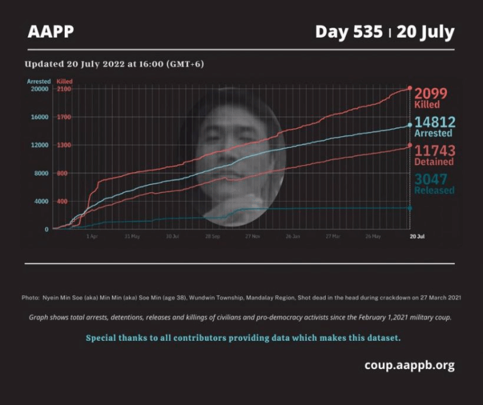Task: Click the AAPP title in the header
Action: pyautogui.click(x=51, y=31)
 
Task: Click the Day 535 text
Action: pyautogui.click(x=348, y=31)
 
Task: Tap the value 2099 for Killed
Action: pyautogui.click(x=431, y=94)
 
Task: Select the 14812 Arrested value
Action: pyautogui.click(x=435, y=122)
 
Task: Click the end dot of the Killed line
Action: pyautogui.click(x=410, y=88)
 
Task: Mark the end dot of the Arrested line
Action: pyautogui.click(x=410, y=125)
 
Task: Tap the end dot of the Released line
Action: pyautogui.click(x=410, y=208)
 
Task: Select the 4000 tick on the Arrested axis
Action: pyautogui.click(x=40, y=202)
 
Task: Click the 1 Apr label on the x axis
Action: pyautogui.click(x=92, y=237)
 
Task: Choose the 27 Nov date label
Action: pyautogui.click(x=252, y=237)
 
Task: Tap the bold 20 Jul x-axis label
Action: pyautogui.click(x=417, y=237)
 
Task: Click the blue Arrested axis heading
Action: pyautogui.click(x=38, y=81)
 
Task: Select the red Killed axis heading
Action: pyautogui.click(x=64, y=81)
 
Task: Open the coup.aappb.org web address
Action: pyautogui.click(x=409, y=365)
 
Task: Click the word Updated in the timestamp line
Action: pyautogui.click(x=45, y=64)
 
